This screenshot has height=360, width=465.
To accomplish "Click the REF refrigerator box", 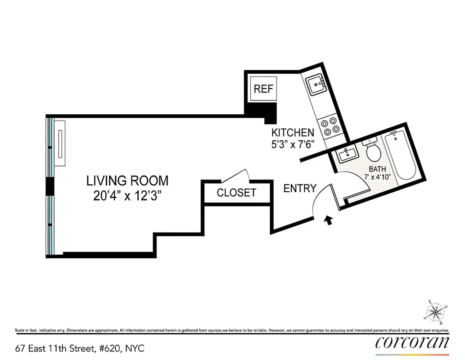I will [x=263, y=89].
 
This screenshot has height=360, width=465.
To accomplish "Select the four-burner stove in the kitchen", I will [x=329, y=126].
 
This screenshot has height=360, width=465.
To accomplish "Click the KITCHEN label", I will [x=293, y=133].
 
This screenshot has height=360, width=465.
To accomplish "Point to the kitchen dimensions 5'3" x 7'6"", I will [x=292, y=145].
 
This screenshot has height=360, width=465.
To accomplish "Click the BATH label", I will [x=377, y=169].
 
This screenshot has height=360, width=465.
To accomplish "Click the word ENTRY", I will [x=300, y=189].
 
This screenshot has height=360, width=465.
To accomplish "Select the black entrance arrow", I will [x=329, y=220].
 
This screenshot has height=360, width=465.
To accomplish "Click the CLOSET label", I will [x=236, y=193].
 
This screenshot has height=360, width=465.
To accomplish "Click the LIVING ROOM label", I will [x=127, y=181].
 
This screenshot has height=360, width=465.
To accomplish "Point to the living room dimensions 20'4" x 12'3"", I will [x=127, y=196].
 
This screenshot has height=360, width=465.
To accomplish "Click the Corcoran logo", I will [x=412, y=343].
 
